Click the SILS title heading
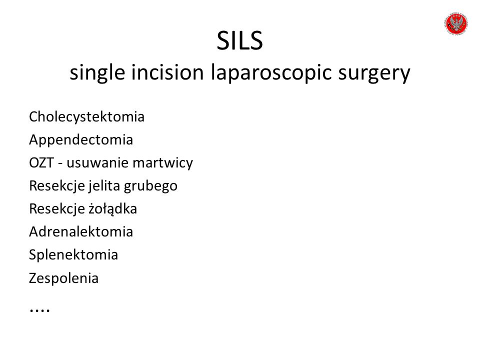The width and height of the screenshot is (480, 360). tap(239, 40)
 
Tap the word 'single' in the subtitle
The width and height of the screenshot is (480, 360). tap(97, 73)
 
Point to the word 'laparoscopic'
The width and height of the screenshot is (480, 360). tap(271, 73)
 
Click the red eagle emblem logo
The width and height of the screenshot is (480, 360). tap(456, 23)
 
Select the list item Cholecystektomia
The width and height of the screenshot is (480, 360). tap(86, 117)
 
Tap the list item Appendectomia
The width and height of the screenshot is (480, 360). tap(81, 140)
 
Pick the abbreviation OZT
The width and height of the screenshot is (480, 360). tap(41, 163)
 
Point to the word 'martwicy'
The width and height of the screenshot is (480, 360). tap(163, 163)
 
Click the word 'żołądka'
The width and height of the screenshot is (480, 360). tap(112, 209)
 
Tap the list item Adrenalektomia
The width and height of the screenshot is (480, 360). tap(81, 231)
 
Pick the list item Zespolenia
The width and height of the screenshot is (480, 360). tap(63, 278)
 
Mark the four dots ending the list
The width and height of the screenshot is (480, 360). tap(39, 310)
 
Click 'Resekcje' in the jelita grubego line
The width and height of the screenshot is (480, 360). tap(56, 186)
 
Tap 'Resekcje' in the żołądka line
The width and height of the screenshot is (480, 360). tap(56, 209)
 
